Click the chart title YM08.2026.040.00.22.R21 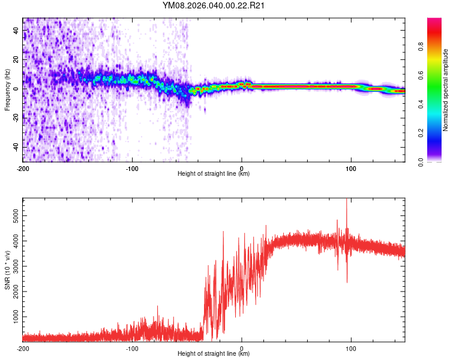click(214, 6)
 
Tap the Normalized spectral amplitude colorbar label click(446, 90)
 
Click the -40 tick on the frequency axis click(15, 147)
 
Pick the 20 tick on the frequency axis click(16, 59)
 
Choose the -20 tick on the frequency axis click(15, 118)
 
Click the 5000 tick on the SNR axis click(13, 213)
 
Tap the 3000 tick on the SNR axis click(13, 264)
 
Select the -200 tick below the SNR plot click(23, 348)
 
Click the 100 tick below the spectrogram click(351, 168)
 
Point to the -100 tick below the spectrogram click(132, 168)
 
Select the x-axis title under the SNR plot click(214, 354)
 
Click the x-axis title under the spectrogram click(214, 174)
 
